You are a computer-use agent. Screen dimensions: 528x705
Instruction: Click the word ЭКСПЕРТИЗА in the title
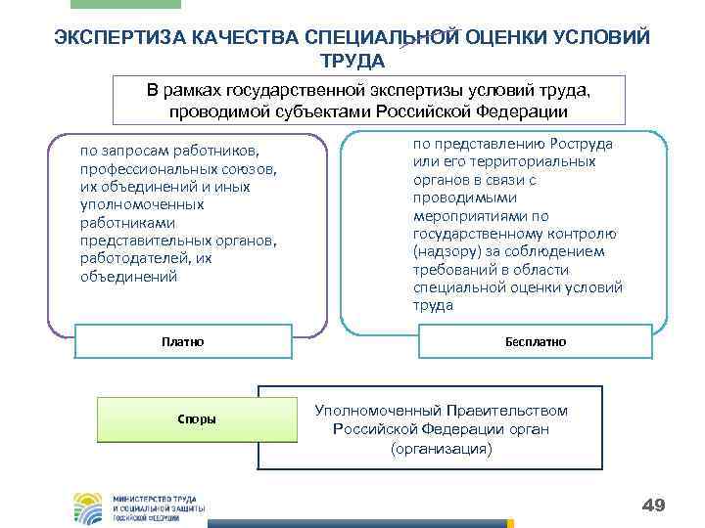(x=115, y=39)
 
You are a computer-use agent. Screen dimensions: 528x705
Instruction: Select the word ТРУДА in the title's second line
(x=352, y=61)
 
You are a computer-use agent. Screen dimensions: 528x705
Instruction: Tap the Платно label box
(x=182, y=342)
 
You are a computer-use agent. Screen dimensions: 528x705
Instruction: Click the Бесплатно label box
(x=536, y=342)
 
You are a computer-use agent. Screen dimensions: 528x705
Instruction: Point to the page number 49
(x=653, y=505)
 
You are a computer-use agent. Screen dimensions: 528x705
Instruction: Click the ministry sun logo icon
(x=90, y=507)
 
